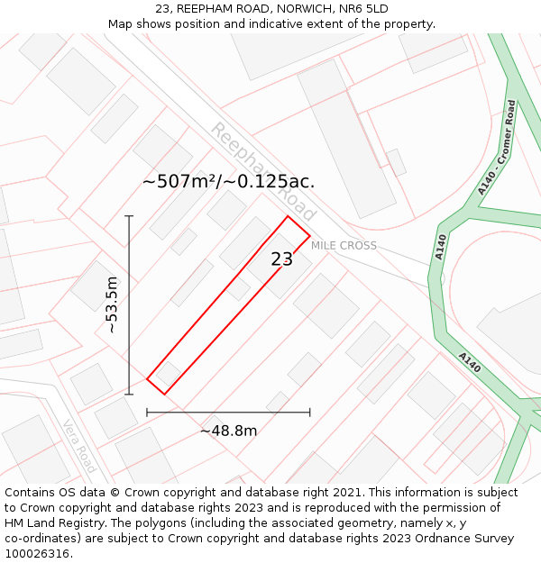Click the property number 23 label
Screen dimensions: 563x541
pyautogui.click(x=282, y=259)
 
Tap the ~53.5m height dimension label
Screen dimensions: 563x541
pyautogui.click(x=111, y=304)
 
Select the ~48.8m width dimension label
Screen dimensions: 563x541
pyautogui.click(x=228, y=431)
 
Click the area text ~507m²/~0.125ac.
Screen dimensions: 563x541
pyautogui.click(x=228, y=181)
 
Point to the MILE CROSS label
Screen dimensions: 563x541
pyautogui.click(x=344, y=246)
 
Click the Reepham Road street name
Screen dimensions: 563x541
pyautogui.click(x=263, y=171)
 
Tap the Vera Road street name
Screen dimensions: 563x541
pyautogui.click(x=79, y=446)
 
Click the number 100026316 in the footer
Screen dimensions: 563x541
pyautogui.click(x=38, y=554)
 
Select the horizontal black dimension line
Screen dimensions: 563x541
pyautogui.click(x=228, y=413)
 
